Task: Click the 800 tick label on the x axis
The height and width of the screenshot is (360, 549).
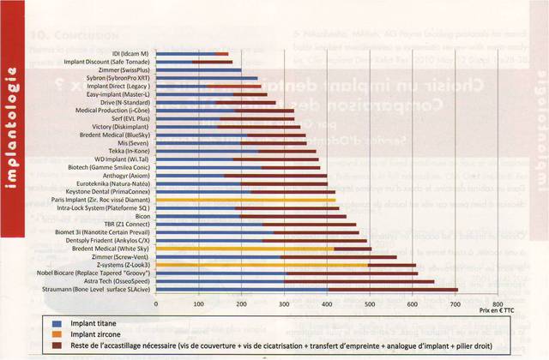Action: [x=498, y=303]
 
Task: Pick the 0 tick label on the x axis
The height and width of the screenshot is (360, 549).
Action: [x=156, y=303]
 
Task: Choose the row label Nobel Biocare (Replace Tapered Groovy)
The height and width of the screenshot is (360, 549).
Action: [x=101, y=272]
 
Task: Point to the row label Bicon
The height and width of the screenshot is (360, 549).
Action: [x=142, y=217]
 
